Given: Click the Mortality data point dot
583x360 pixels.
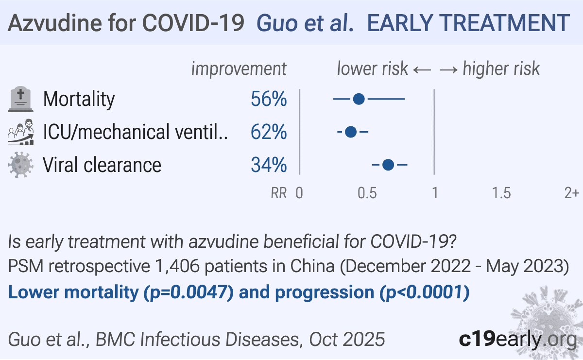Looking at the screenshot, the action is [x=359, y=99].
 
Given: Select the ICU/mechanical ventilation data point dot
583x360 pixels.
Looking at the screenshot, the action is [x=351, y=132].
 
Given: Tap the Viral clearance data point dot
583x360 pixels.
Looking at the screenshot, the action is [x=388, y=165].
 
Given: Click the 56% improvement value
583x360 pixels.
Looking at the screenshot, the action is [x=269, y=99].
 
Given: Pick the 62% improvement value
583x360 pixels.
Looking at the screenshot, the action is [x=269, y=132].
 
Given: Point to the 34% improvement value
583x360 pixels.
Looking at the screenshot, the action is [x=269, y=165].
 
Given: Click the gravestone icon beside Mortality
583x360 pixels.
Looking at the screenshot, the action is [x=20, y=99].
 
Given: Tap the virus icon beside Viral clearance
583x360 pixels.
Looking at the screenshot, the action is [x=20, y=165].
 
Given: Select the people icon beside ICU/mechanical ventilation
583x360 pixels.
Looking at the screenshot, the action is [x=20, y=132].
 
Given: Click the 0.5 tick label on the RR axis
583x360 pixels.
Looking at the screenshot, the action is [x=367, y=193].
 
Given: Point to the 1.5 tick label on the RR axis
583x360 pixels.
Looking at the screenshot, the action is [x=501, y=193].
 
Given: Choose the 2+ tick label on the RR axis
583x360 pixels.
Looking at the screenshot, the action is [x=571, y=193].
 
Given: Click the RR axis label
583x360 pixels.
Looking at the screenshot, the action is [x=279, y=193].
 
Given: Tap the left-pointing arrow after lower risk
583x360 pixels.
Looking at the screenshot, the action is [x=422, y=70].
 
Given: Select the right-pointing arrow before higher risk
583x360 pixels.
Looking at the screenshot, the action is [x=448, y=70].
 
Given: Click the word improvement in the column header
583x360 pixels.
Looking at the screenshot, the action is [x=239, y=69].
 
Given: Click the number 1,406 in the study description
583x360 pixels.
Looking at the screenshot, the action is [x=177, y=266].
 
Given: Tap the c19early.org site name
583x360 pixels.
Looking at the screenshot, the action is [x=518, y=339].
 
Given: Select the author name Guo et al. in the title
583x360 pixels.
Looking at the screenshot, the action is [x=305, y=23].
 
